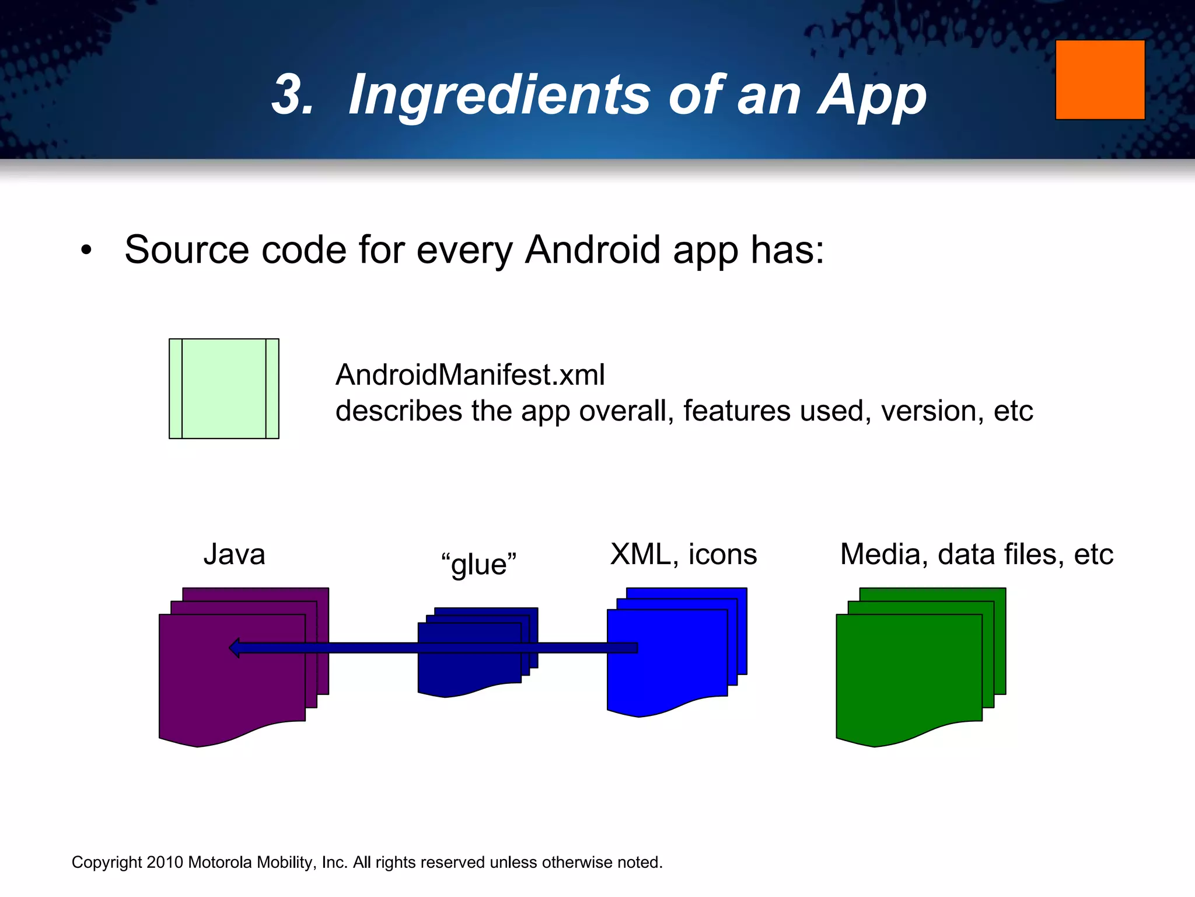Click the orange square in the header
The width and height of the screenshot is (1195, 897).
(1100, 80)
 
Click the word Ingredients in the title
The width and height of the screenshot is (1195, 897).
(499, 95)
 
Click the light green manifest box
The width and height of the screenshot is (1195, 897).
(223, 388)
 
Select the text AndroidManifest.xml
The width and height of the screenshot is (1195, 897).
(470, 375)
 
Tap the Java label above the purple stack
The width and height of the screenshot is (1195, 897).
(234, 554)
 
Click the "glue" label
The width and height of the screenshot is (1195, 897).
(479, 565)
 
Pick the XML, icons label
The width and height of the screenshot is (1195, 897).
(683, 554)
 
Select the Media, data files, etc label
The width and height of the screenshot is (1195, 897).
(976, 554)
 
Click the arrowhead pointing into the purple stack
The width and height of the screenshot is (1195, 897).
(235, 648)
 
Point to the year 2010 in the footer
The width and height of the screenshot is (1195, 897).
(165, 863)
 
